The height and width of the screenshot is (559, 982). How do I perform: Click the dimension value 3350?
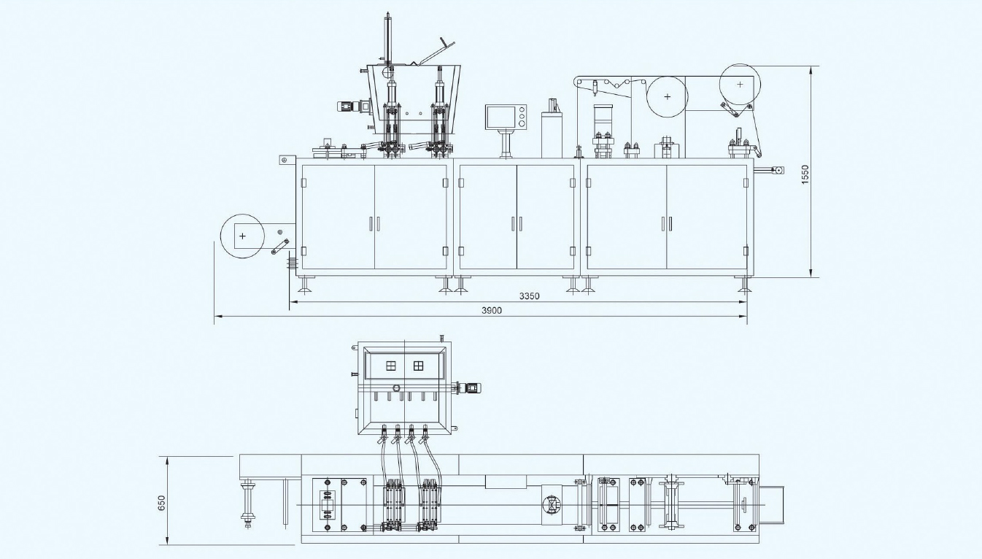pos(529,296)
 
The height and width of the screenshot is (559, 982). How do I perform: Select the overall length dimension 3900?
pos(491,311)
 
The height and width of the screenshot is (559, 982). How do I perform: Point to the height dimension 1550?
pos(805,173)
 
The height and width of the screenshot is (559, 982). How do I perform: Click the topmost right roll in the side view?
pos(740,85)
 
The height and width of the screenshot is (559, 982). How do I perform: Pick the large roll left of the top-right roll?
pos(666,96)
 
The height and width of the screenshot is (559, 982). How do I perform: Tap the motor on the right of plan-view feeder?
pos(468,388)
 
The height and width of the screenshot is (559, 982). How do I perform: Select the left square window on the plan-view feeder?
pos(391,366)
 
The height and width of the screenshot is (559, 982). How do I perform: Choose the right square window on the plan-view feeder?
pos(418,366)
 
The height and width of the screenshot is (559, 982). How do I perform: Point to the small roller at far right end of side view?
pos(778,171)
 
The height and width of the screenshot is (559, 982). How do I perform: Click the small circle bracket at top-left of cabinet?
pos(285,160)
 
